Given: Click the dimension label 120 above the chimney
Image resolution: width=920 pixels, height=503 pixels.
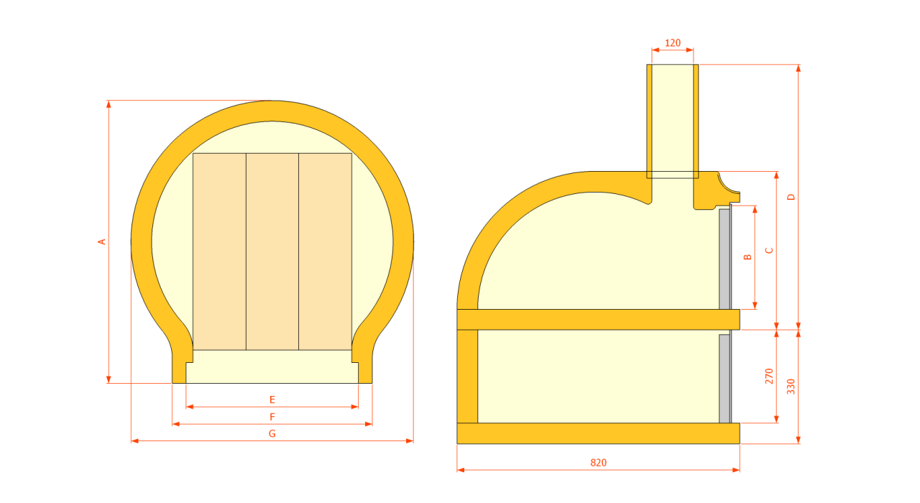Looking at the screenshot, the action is pos(673,42).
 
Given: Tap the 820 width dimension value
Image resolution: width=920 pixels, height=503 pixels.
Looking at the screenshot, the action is pos(599,463).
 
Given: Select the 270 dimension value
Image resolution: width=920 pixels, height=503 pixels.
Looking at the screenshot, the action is pos(769,376).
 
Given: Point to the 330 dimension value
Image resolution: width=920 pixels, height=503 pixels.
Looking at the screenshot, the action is pos(791,387).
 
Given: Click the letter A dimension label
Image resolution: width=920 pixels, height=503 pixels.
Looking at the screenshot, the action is pos(102,242).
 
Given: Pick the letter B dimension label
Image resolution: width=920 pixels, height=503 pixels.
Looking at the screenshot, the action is pos(748,257).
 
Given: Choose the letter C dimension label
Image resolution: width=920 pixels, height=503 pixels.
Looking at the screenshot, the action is pos(769,250).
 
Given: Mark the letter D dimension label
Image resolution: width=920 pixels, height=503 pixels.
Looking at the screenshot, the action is pos(791,197).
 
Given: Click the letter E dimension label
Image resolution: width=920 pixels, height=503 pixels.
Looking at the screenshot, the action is pos(272,400).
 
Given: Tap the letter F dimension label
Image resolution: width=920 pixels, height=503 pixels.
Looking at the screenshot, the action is pos(272,417).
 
